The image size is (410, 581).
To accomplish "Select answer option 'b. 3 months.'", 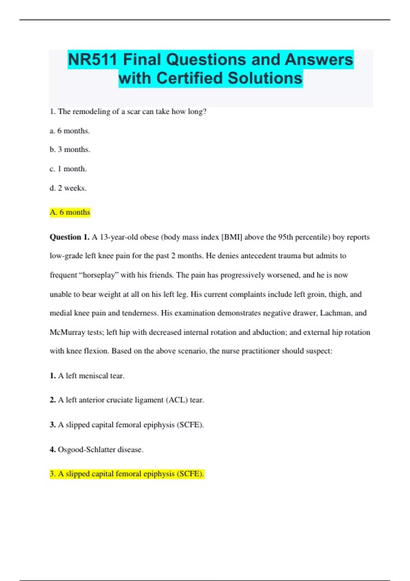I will point(70,150).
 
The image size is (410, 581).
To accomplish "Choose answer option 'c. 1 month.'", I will point(68,169).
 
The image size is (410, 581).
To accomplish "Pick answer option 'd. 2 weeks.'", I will point(68,188).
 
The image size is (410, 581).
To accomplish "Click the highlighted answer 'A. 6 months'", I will point(70,212).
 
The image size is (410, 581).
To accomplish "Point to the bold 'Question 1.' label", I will point(69,237).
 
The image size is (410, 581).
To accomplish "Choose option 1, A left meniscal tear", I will point(87,376).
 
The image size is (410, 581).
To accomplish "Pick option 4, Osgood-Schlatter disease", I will point(97,449).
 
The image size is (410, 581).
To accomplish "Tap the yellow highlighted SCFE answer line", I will point(127,474).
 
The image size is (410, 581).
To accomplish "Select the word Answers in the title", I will point(318,59).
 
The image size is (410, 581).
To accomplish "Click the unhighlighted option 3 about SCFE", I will point(127,425).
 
